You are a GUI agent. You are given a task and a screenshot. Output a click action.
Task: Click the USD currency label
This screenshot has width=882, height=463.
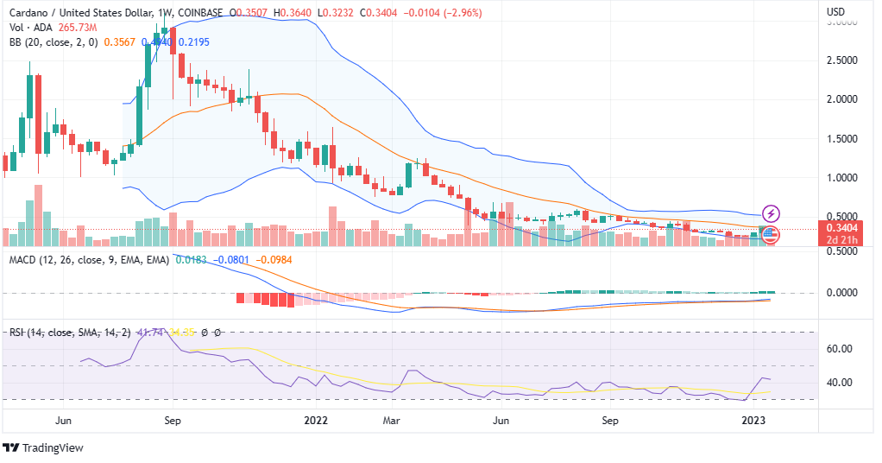coord(835,13)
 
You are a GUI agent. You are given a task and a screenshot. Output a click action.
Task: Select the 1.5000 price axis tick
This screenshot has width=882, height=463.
coord(841,139)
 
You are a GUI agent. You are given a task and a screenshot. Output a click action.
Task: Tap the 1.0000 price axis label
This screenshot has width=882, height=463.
coord(841,178)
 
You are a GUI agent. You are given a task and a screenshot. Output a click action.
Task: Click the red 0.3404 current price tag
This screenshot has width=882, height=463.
coord(841,229)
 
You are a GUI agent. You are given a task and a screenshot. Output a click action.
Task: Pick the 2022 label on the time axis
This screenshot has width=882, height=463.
coord(318,421)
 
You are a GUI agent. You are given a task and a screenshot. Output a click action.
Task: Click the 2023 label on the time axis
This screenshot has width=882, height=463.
coord(754,421)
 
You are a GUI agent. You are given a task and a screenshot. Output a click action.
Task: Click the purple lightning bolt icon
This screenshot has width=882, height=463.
coord(772,212)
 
